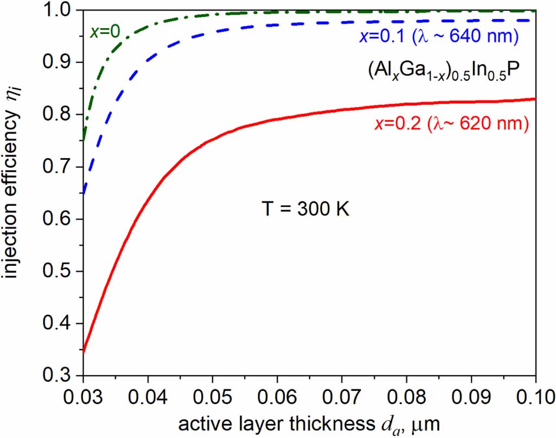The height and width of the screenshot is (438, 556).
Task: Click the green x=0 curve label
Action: [105, 31]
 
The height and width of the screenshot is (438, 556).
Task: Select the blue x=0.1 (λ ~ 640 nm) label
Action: [439, 37]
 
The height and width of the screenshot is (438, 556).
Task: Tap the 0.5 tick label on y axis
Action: [58, 272]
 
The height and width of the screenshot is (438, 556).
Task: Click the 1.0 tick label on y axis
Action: [58, 10]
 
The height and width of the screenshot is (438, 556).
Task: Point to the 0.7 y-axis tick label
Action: [58, 167]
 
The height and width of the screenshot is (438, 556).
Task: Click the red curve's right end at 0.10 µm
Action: [535, 99]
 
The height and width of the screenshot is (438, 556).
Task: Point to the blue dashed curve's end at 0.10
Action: [535, 20]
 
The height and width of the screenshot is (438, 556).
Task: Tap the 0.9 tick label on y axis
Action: [58, 62]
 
